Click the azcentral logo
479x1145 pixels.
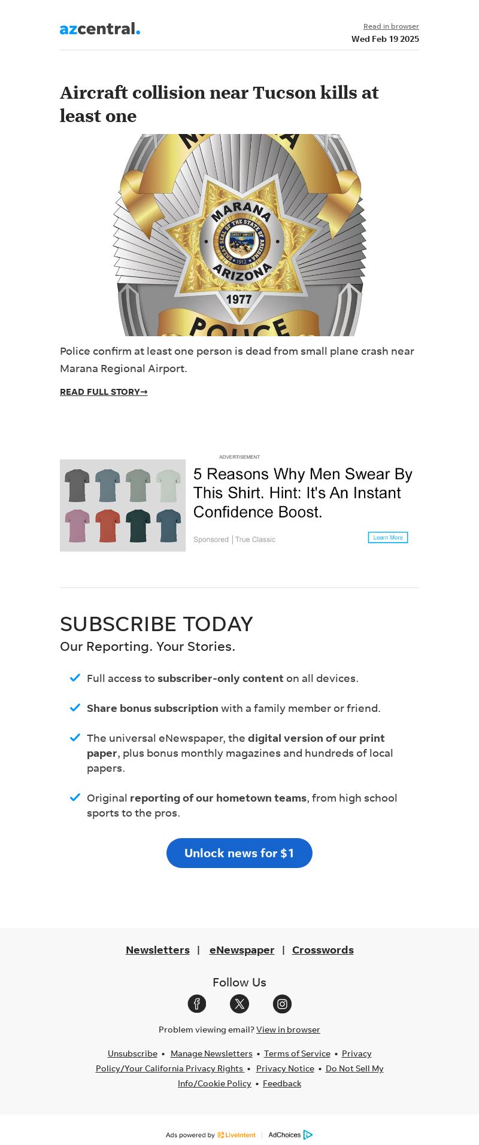[x=99, y=29]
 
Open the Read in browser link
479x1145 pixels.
[x=391, y=26]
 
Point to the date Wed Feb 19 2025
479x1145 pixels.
[x=385, y=39]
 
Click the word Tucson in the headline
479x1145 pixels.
[x=284, y=93]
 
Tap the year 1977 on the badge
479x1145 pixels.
[x=238, y=299]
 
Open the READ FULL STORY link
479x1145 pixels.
[x=104, y=392]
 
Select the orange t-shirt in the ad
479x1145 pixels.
[x=108, y=525]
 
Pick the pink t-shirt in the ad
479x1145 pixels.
[x=77, y=525]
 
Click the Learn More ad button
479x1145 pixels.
[x=388, y=537]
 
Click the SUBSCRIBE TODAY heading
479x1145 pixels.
[x=156, y=624]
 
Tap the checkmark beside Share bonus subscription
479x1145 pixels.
[x=75, y=708]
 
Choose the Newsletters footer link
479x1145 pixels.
[x=157, y=950]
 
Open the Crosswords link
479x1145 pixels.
[x=323, y=950]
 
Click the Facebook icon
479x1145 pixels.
[x=197, y=1004]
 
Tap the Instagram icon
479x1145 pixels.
[x=282, y=1004]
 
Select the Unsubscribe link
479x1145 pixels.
[x=132, y=1053]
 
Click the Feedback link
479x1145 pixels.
[x=282, y=1083]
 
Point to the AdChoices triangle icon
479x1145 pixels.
[x=308, y=1135]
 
